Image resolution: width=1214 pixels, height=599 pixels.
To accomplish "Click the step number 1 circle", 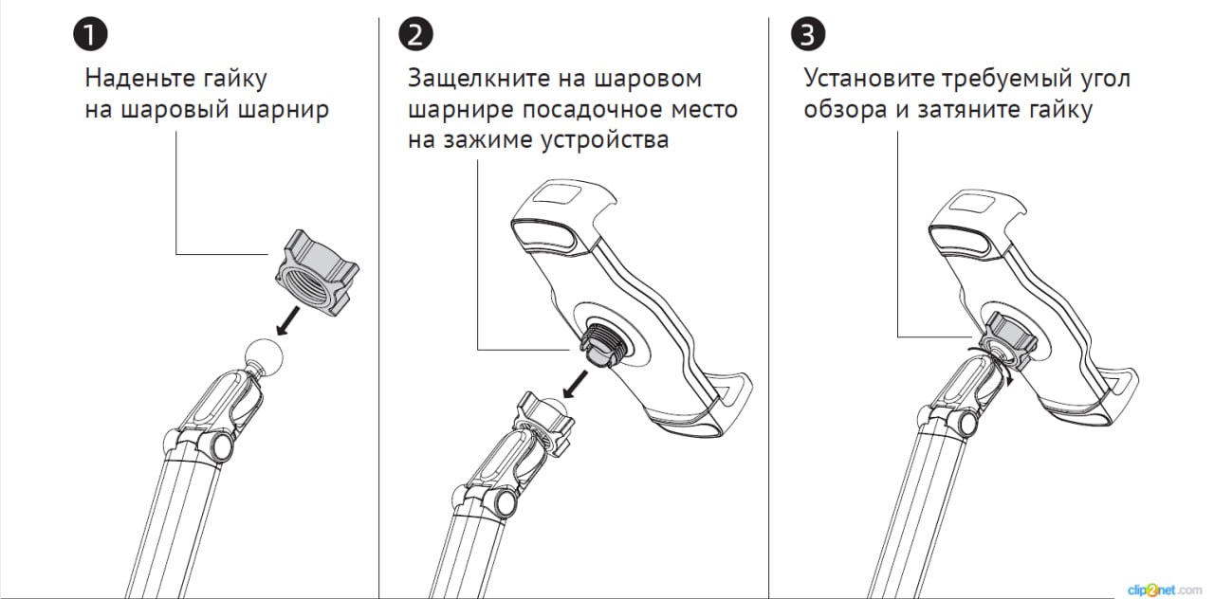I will click(x=90, y=35).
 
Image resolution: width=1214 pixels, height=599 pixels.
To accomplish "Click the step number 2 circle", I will click(x=415, y=35).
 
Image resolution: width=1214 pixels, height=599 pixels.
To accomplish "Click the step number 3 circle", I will click(x=807, y=35).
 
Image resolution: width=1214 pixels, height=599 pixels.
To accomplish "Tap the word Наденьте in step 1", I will click(x=142, y=78).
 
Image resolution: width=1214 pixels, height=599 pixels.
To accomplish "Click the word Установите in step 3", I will click(x=870, y=78).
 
